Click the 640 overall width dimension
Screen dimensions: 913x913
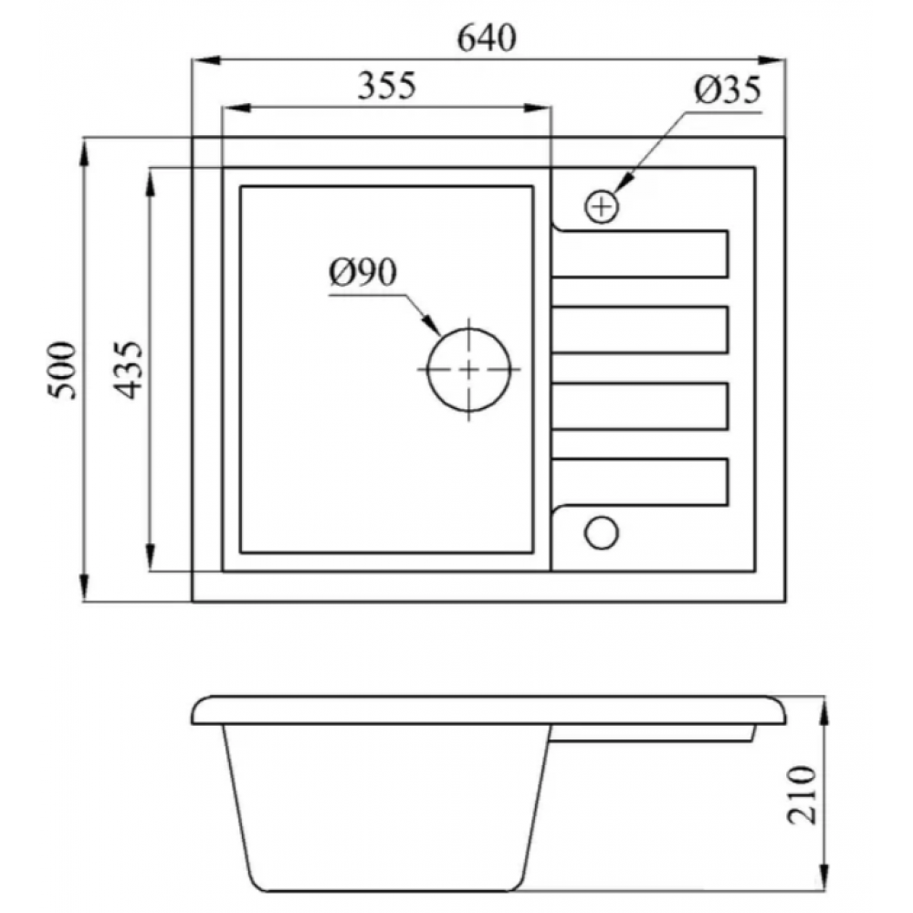tap(487, 38)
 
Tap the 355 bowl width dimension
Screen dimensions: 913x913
tap(386, 86)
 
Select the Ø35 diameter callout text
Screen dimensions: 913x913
tap(728, 90)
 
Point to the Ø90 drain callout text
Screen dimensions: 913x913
tap(362, 272)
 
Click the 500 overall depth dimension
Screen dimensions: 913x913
tap(62, 371)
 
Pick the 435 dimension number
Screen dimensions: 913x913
tap(128, 371)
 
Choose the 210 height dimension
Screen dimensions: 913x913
tap(802, 795)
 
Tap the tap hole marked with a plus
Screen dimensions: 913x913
tap(602, 206)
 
